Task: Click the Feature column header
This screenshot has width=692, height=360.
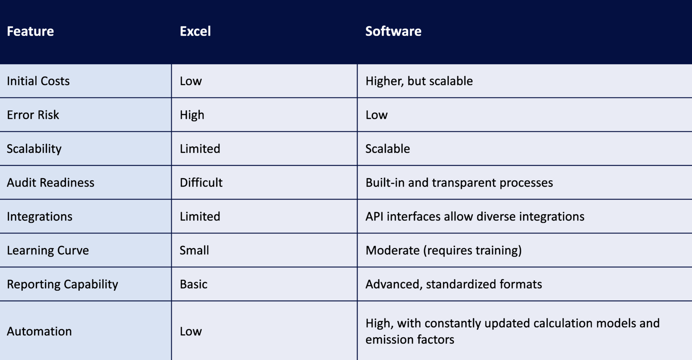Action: (30, 31)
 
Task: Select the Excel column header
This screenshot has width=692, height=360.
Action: (195, 31)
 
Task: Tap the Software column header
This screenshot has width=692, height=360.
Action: (393, 31)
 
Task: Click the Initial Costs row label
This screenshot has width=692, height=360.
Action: (38, 81)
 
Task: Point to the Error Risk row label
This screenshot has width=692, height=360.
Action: (33, 115)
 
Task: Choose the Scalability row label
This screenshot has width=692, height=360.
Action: (34, 149)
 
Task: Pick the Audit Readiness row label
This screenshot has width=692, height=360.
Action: (51, 183)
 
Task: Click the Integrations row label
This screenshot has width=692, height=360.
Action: (40, 216)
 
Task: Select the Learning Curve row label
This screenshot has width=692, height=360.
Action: (48, 250)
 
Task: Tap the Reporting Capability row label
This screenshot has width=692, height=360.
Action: (63, 284)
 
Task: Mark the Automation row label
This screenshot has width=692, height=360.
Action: (39, 331)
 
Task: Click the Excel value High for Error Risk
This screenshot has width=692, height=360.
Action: (192, 115)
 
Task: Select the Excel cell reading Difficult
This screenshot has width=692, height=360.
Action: (201, 183)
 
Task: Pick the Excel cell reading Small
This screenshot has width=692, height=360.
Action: (194, 250)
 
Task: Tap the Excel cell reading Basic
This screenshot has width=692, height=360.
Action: (194, 284)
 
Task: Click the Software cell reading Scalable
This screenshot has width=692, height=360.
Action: (388, 149)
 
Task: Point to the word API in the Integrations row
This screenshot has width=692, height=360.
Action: (374, 216)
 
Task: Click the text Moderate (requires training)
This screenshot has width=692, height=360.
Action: (444, 250)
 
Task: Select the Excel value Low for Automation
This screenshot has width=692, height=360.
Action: (191, 331)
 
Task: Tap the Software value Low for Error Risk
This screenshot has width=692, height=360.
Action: (376, 115)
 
